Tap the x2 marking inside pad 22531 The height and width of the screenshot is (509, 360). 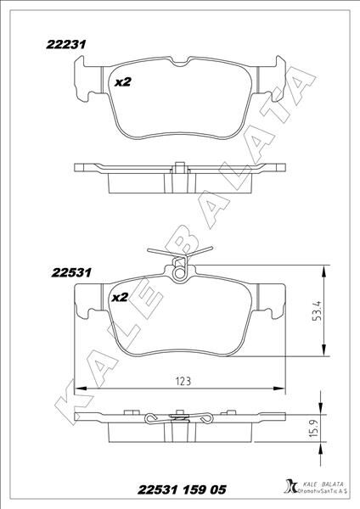point(119,298)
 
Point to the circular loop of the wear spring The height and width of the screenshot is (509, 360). point(179,272)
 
